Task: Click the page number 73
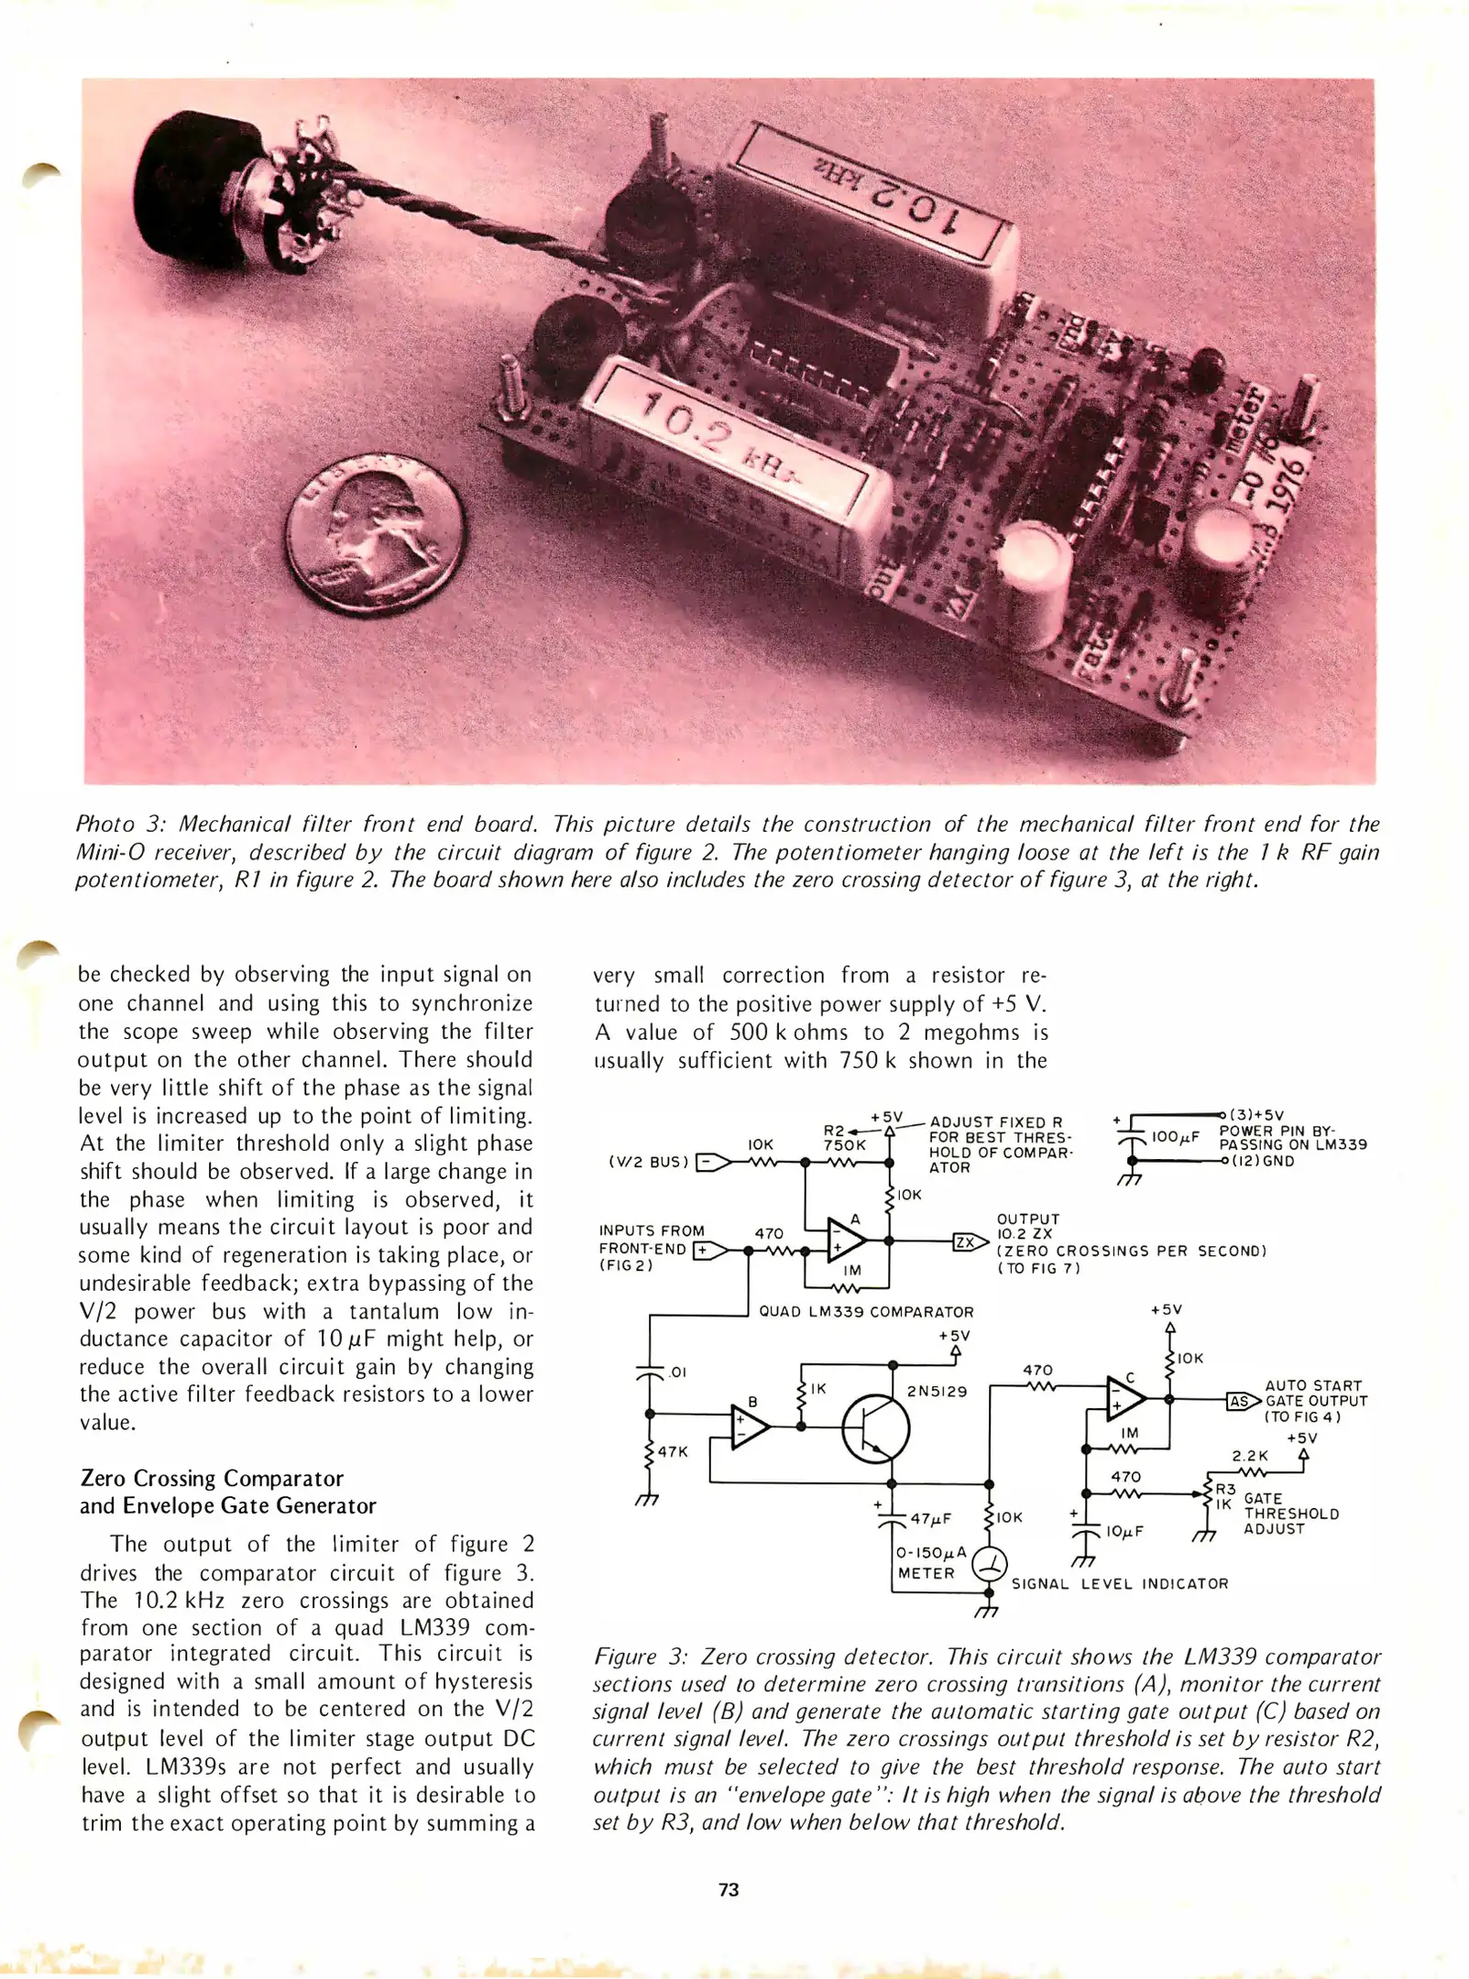click(x=729, y=1889)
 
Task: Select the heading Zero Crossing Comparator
click(x=212, y=1478)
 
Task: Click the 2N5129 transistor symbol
click(x=876, y=1429)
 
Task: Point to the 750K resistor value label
click(x=844, y=1145)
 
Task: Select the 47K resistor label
click(x=673, y=1452)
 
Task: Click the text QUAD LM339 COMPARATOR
click(x=866, y=1312)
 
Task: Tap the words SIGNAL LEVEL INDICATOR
click(x=1119, y=1583)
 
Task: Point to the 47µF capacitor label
click(x=930, y=1519)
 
